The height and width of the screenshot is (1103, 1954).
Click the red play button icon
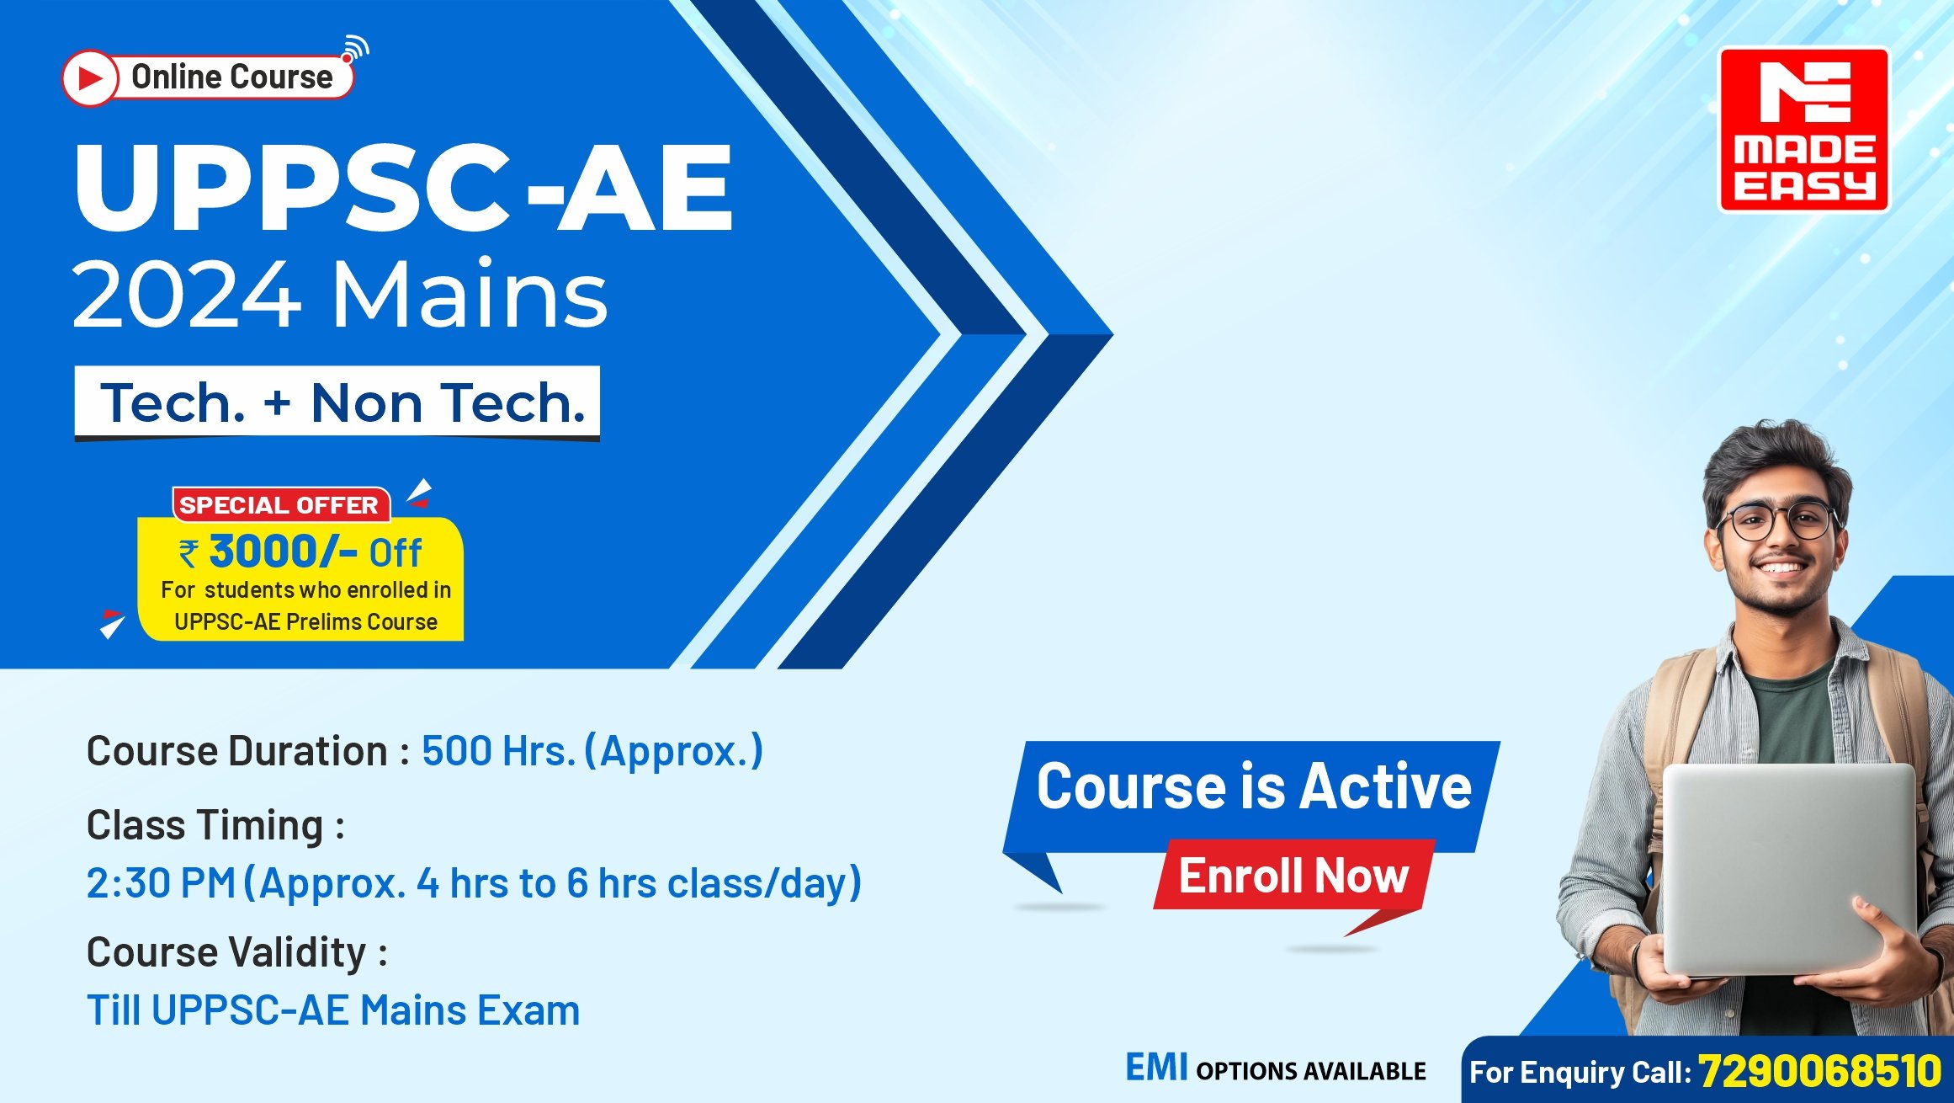click(x=89, y=78)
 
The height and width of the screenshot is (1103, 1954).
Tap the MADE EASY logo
click(x=1803, y=130)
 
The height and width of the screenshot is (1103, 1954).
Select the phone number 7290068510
click(x=1819, y=1071)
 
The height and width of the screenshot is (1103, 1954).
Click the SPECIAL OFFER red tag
click(x=280, y=505)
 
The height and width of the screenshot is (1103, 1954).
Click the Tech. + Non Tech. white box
click(x=337, y=403)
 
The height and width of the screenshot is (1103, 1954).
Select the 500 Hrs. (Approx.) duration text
click(x=592, y=751)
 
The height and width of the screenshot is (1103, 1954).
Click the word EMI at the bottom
click(x=1156, y=1068)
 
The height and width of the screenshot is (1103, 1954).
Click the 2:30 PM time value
click(x=161, y=883)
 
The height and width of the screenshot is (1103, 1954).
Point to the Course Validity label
click(x=236, y=953)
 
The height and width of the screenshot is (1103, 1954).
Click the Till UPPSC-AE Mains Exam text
click(x=333, y=1010)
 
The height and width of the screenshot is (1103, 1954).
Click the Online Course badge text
click(x=232, y=77)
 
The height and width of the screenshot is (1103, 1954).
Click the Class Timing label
click(x=215, y=825)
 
